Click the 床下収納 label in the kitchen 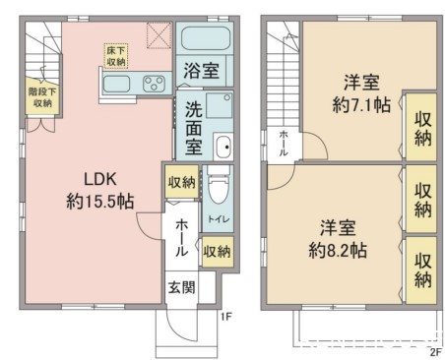116,55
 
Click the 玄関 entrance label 179,287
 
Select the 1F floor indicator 225,316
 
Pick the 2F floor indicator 433,350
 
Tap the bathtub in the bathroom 206,40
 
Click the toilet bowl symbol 218,186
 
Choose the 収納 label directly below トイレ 218,251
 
